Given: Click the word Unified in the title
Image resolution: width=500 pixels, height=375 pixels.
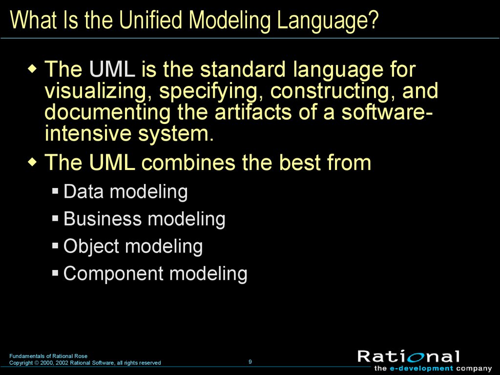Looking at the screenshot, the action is (152, 20).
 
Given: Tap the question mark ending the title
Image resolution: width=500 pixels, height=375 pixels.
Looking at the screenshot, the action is (373, 20).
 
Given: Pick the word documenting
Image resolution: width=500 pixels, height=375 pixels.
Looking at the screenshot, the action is (108, 113).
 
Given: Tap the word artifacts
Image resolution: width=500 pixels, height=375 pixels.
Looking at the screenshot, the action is (253, 112).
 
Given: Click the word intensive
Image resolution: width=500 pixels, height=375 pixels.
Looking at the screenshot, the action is (88, 134).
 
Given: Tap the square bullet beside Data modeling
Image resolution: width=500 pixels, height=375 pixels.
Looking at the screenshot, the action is (56, 191).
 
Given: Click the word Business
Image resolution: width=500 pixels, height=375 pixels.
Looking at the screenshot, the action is (103, 219).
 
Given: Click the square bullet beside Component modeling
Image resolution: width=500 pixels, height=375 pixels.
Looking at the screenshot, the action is (56, 273).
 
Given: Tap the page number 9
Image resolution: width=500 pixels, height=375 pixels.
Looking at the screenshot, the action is (250, 362).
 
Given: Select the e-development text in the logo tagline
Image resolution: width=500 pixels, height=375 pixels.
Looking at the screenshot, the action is (421, 369).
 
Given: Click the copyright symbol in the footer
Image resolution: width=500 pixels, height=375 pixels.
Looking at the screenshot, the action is (37, 363).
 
